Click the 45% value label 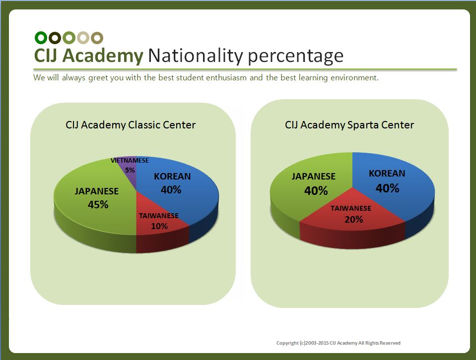coord(98,205)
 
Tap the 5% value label coord(130,170)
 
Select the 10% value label coord(159,226)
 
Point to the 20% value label coord(354,220)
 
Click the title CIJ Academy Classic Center coord(131,125)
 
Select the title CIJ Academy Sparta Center coord(349,125)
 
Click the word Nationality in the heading coord(196,56)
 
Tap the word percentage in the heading coord(296,57)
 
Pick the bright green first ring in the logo coord(41,38)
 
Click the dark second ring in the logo coord(55,38)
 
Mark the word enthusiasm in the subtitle coord(226,78)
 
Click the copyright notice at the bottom coord(339,343)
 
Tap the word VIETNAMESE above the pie coord(130,161)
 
